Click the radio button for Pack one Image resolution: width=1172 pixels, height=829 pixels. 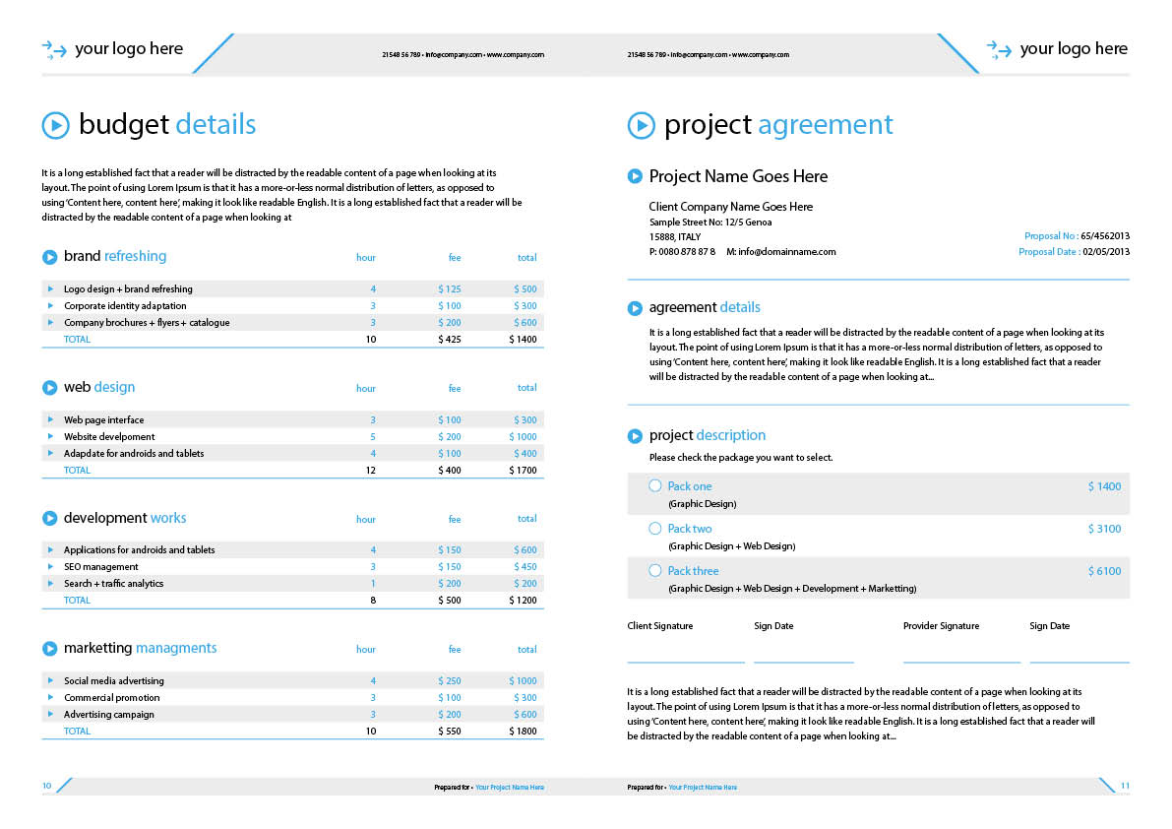click(x=655, y=485)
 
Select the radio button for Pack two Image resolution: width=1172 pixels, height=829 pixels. click(x=655, y=528)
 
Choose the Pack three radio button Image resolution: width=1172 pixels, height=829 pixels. click(x=655, y=570)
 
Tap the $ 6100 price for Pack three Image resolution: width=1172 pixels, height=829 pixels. click(x=1104, y=571)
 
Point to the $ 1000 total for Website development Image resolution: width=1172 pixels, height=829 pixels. click(x=523, y=437)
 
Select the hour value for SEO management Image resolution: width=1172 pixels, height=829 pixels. click(x=373, y=567)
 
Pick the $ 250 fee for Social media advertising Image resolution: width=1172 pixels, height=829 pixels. click(x=449, y=681)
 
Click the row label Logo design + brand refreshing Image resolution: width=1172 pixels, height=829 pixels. click(x=128, y=289)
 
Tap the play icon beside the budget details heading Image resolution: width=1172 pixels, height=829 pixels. click(x=55, y=125)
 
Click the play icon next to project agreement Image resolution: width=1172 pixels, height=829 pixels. click(x=641, y=125)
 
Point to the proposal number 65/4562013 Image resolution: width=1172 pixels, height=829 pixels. click(x=1105, y=236)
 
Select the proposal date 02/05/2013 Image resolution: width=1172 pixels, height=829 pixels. click(x=1106, y=252)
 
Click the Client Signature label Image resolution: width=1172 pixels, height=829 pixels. click(x=660, y=626)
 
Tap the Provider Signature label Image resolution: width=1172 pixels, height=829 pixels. click(x=941, y=626)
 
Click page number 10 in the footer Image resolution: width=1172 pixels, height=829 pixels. click(x=46, y=786)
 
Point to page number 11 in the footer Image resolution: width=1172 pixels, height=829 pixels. click(x=1125, y=786)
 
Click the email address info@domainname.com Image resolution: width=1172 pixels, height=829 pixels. click(x=786, y=252)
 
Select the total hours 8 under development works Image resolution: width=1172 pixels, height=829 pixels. click(x=373, y=601)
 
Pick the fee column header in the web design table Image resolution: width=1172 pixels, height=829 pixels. click(x=455, y=388)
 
